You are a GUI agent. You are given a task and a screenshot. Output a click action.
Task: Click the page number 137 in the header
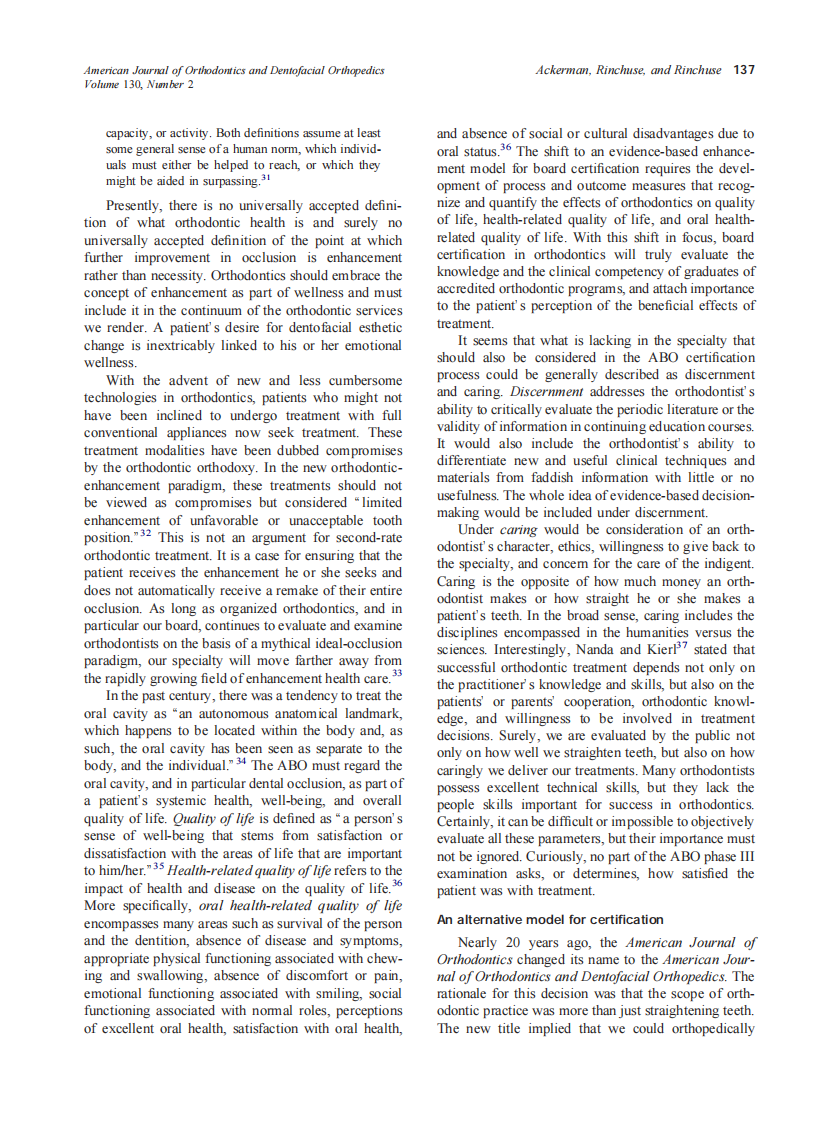(x=743, y=70)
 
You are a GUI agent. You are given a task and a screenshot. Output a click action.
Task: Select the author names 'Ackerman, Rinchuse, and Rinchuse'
(x=629, y=70)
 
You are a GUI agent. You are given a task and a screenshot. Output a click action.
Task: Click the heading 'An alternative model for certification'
(x=550, y=918)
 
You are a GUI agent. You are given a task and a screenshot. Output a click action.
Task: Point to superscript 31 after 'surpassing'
(x=266, y=178)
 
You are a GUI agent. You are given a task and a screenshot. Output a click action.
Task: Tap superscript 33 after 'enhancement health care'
(x=397, y=673)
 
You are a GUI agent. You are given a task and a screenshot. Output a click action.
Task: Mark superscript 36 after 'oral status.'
(x=506, y=147)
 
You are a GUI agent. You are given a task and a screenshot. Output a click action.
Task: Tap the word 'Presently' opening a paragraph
(x=137, y=205)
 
